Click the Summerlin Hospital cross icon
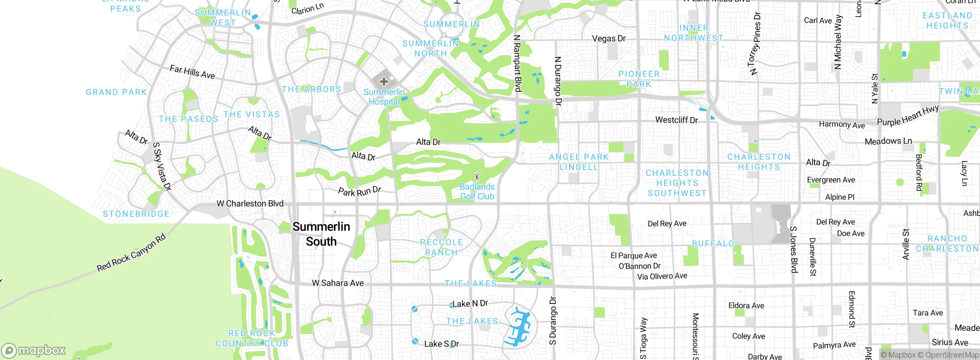click(384, 81)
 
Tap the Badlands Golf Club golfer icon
click(477, 177)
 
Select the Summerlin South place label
click(321, 234)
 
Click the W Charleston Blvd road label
click(250, 204)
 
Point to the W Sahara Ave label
click(338, 283)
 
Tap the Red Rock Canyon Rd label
click(131, 253)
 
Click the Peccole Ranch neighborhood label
click(441, 247)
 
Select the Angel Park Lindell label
click(578, 162)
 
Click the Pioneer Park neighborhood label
click(639, 79)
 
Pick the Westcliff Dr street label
click(676, 120)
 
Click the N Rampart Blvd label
click(517, 64)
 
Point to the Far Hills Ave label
click(192, 72)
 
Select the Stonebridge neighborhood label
click(136, 214)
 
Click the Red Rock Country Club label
click(252, 339)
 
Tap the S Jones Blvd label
click(794, 250)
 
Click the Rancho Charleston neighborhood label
click(947, 244)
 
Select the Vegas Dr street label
click(609, 38)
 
